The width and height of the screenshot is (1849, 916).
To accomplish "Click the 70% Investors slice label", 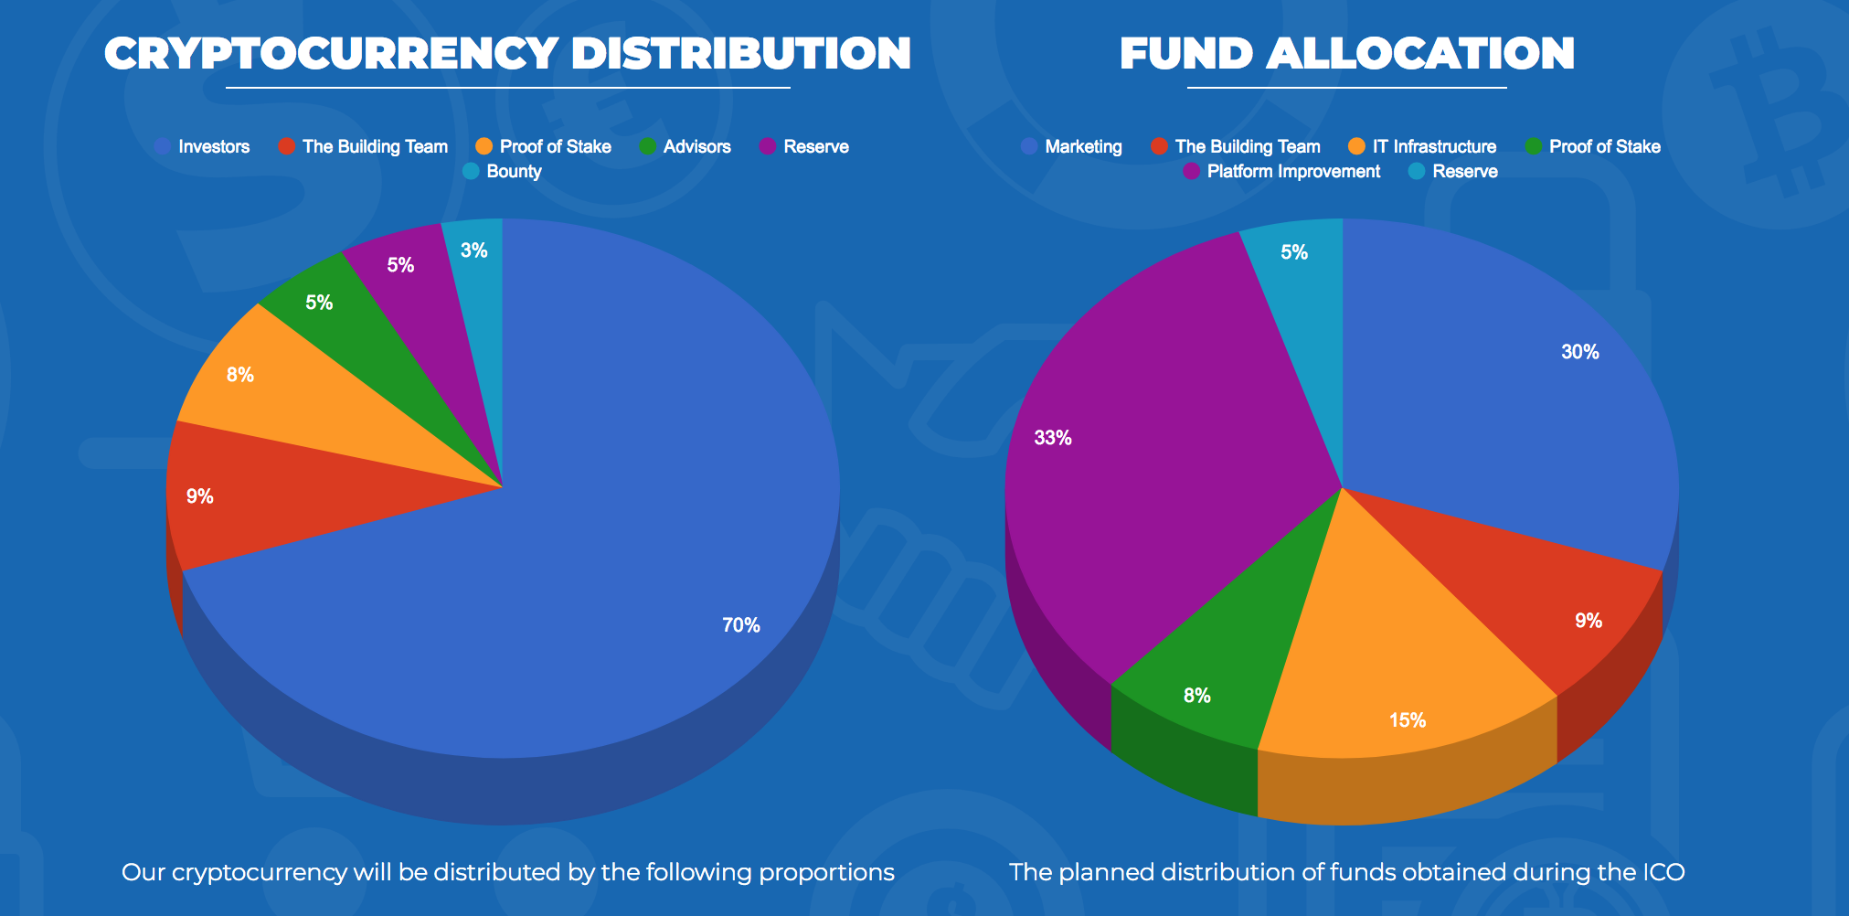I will [x=740, y=625].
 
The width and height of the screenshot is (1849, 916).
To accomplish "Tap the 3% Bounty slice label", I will [x=473, y=250].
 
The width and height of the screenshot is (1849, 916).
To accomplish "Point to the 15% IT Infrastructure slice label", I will [x=1407, y=720].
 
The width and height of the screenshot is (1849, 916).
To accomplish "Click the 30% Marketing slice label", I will [x=1579, y=352].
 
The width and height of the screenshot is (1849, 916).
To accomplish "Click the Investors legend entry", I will [x=213, y=146].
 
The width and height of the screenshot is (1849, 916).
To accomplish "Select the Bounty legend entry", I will [x=513, y=171].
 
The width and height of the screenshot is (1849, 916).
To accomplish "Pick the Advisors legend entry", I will [x=696, y=146].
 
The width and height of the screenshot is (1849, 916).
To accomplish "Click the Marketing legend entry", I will [x=1082, y=146].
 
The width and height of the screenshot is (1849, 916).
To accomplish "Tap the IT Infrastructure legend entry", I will [x=1433, y=146].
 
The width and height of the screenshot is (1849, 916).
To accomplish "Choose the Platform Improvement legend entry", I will [x=1292, y=171].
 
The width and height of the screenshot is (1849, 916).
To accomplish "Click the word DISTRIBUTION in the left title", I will [x=741, y=53].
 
